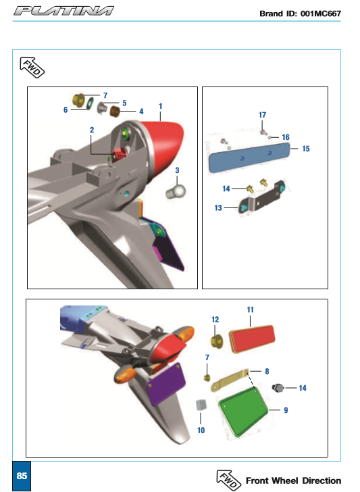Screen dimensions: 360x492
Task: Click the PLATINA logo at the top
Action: (x=63, y=11)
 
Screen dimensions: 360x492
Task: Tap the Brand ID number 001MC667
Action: (x=320, y=14)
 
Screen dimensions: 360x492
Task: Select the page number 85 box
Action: (x=22, y=476)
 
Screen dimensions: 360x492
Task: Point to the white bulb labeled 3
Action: (x=176, y=191)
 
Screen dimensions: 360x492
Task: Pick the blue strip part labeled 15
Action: (x=249, y=157)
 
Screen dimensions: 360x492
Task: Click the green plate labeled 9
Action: (x=243, y=412)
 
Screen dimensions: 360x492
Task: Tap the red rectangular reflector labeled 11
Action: (x=252, y=339)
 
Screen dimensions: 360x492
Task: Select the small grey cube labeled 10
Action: (x=201, y=405)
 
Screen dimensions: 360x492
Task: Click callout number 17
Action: (x=263, y=115)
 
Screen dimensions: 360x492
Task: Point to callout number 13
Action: (x=218, y=207)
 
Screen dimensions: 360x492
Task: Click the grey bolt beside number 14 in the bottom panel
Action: (x=278, y=388)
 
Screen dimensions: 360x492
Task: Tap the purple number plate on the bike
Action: (x=166, y=384)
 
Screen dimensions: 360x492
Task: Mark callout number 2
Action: (x=92, y=130)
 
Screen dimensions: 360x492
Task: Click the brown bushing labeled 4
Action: (x=115, y=112)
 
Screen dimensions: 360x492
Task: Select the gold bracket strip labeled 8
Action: (x=230, y=380)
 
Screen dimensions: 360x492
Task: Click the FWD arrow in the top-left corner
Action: (x=32, y=67)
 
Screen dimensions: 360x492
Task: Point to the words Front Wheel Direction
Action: (x=294, y=481)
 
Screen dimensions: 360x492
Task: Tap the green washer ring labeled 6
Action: (x=91, y=103)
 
